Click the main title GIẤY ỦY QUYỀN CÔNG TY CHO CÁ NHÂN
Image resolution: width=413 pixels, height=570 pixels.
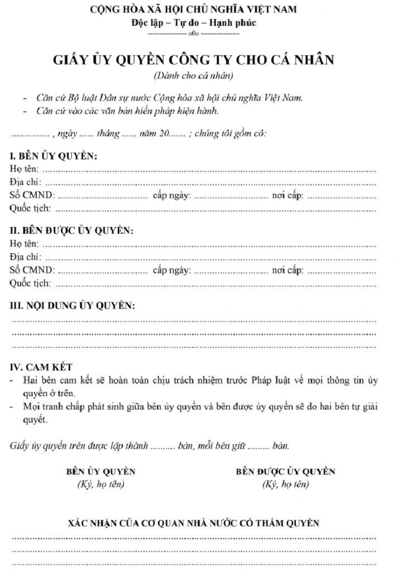pyautogui.click(x=193, y=60)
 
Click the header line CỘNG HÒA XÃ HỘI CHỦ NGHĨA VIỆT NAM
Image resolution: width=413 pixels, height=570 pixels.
pyautogui.click(x=193, y=9)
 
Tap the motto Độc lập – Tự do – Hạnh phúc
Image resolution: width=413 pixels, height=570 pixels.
pyautogui.click(x=193, y=23)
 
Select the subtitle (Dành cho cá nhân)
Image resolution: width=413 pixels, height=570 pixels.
pyautogui.click(x=193, y=76)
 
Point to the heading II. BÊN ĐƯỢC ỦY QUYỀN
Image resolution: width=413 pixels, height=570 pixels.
pyautogui.click(x=72, y=231)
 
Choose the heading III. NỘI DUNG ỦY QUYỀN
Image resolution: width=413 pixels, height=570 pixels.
pyautogui.click(x=73, y=306)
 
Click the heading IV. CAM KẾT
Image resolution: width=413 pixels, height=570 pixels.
pyautogui.click(x=41, y=367)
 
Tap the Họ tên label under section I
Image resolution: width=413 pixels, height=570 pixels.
pyautogui.click(x=24, y=169)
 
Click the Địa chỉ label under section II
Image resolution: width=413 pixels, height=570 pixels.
pyautogui.click(x=25, y=256)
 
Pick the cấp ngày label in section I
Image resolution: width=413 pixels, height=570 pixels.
pyautogui.click(x=172, y=196)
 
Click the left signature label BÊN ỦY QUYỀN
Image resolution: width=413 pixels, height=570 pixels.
pyautogui.click(x=101, y=472)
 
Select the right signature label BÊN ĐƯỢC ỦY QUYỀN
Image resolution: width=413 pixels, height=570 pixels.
pyautogui.click(x=285, y=472)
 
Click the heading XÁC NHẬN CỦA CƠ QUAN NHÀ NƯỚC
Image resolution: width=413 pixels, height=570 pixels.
pyautogui.click(x=194, y=523)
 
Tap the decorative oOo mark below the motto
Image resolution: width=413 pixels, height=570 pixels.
pyautogui.click(x=193, y=33)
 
